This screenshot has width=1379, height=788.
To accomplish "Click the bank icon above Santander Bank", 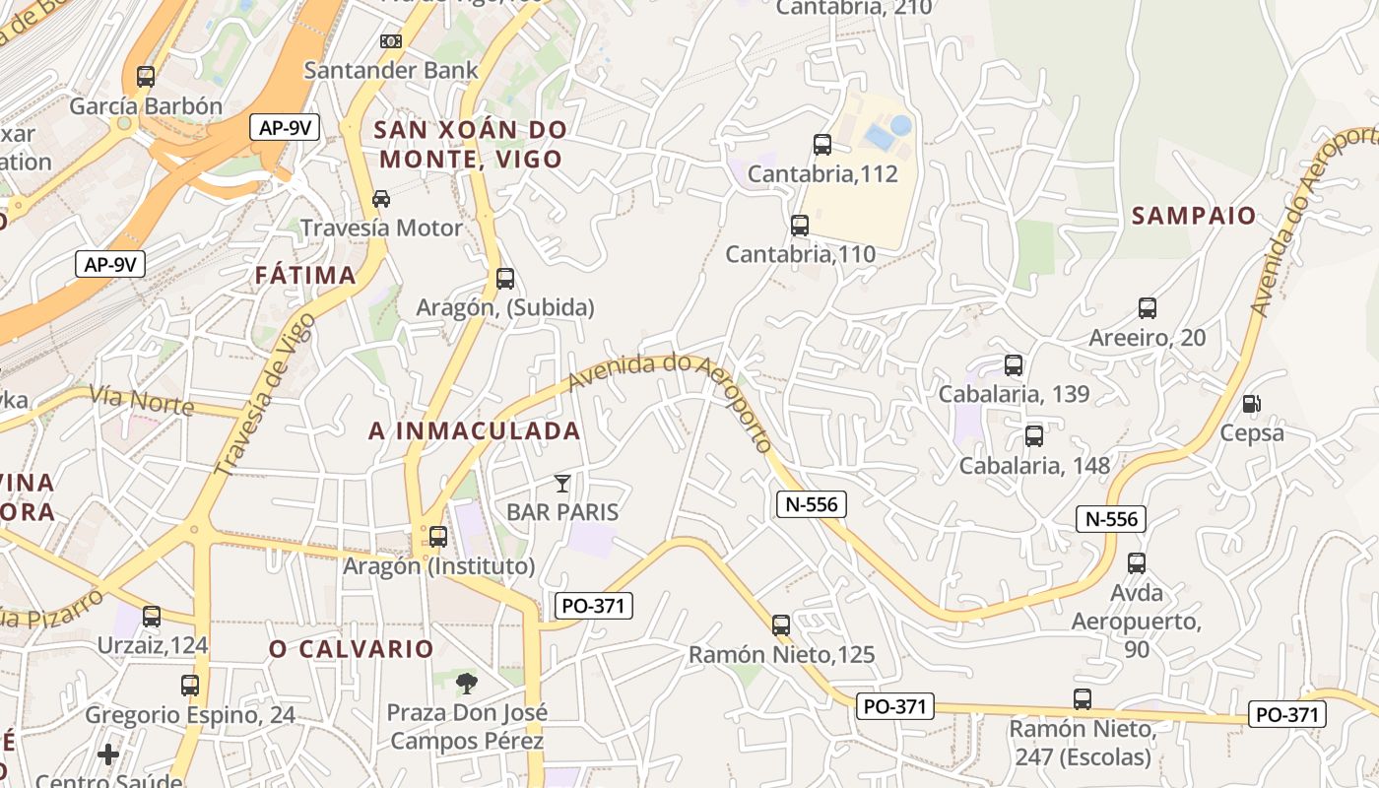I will pyautogui.click(x=391, y=41).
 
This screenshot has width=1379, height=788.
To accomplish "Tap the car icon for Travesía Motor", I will pyautogui.click(x=380, y=199).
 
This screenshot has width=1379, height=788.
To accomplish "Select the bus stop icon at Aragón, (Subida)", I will pyautogui.click(x=505, y=279).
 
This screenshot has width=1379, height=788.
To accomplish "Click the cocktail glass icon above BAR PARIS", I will pyautogui.click(x=561, y=483).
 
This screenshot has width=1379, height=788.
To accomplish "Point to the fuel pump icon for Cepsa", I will pyautogui.click(x=1252, y=403).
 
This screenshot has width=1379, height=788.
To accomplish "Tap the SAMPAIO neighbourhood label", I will pyautogui.click(x=1194, y=216).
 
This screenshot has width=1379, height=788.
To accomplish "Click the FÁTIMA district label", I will pyautogui.click(x=305, y=276).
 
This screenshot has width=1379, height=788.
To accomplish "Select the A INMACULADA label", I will pyautogui.click(x=475, y=431).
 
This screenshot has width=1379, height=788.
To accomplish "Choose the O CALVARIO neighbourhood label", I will pyautogui.click(x=352, y=649).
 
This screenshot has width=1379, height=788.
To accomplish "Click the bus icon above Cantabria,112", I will pyautogui.click(x=822, y=145).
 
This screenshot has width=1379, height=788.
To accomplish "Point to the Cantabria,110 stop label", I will pyautogui.click(x=800, y=254).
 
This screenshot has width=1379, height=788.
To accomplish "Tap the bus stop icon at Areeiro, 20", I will pyautogui.click(x=1148, y=308).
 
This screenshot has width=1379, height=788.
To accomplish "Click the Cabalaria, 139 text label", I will pyautogui.click(x=1014, y=394).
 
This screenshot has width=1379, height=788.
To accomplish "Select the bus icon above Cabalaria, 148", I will pyautogui.click(x=1034, y=436).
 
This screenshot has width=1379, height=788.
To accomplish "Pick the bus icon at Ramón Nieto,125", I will pyautogui.click(x=781, y=624).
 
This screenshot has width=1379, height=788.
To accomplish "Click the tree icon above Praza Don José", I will pyautogui.click(x=467, y=683).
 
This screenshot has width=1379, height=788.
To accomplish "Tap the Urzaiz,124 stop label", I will pyautogui.click(x=153, y=646).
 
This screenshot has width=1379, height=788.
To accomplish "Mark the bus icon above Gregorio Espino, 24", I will pyautogui.click(x=190, y=686).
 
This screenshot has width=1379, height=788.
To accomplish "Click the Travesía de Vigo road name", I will pyautogui.click(x=265, y=394).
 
